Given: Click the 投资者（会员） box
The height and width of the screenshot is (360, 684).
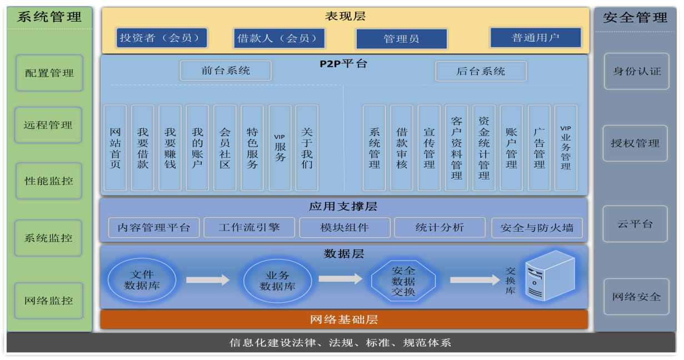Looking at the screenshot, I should [x=162, y=38].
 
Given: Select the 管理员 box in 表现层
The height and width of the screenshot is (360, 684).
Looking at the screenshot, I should [x=401, y=39].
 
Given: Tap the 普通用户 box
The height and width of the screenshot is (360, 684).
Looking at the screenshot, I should [x=535, y=38].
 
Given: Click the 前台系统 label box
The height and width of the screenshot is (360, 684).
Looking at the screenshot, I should [x=226, y=71].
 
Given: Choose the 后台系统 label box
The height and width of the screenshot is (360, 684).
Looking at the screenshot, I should [x=481, y=71].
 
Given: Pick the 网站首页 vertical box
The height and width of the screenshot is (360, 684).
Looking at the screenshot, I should [x=115, y=148].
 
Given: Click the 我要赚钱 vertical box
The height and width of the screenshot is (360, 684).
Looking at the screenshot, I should [x=170, y=148].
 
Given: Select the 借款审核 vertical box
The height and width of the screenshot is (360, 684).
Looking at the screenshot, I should [x=401, y=148].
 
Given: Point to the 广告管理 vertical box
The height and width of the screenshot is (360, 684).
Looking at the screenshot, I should [x=539, y=148].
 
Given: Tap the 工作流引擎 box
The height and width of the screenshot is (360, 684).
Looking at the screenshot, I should [x=249, y=227].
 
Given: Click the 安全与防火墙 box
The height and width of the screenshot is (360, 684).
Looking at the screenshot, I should [x=537, y=228].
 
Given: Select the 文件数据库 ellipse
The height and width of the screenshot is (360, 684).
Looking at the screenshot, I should [x=142, y=279].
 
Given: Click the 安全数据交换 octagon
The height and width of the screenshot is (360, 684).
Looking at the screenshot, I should [x=403, y=281].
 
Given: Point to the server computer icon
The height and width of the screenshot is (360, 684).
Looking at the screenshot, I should [x=549, y=276].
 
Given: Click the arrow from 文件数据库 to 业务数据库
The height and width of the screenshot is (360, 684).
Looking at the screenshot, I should [x=208, y=280].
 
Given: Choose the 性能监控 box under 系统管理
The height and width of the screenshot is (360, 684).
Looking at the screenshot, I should [x=49, y=181].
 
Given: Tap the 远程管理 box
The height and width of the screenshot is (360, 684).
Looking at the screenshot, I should [x=48, y=125].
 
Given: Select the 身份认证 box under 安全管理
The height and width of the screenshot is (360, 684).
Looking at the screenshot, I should [x=637, y=71].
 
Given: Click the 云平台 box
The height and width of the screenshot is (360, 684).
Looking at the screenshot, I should [x=635, y=224].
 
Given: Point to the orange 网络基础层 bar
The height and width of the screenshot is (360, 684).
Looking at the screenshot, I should [x=344, y=319].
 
